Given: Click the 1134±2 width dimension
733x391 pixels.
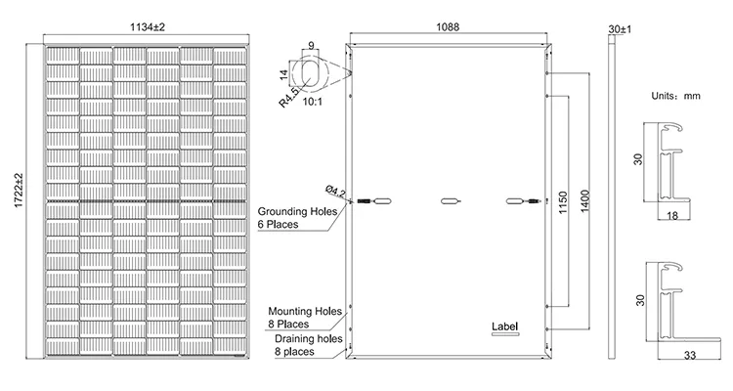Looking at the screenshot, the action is point(148,27).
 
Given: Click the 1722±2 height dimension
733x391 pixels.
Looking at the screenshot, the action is point(19,191).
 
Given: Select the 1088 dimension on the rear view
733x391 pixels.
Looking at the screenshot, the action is point(448,27).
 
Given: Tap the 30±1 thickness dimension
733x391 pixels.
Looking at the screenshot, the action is point(620,29).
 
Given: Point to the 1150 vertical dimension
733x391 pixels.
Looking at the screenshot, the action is point(563,202).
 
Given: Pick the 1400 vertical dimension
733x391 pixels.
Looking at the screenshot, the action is point(585,201).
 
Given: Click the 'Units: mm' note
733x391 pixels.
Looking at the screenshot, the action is point(676,96).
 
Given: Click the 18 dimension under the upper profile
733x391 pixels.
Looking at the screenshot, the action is point(672,216).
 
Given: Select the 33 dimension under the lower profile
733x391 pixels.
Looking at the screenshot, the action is point(690,356).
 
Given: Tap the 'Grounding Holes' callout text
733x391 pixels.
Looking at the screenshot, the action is point(297,211).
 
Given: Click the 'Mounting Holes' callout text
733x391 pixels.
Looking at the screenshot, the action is point(305,311).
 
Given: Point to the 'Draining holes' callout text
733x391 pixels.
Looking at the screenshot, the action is point(309,338).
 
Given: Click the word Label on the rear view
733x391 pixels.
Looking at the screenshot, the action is point(505,326).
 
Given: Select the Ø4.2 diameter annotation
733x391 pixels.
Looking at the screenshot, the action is point(335,191).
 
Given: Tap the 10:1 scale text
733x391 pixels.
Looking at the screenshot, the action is point(313,102).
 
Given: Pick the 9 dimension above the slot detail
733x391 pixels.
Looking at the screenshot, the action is point(312,46).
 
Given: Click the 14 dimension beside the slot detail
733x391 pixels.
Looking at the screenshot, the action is point(283,74).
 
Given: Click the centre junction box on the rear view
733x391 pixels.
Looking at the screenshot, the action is point(451,201).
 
